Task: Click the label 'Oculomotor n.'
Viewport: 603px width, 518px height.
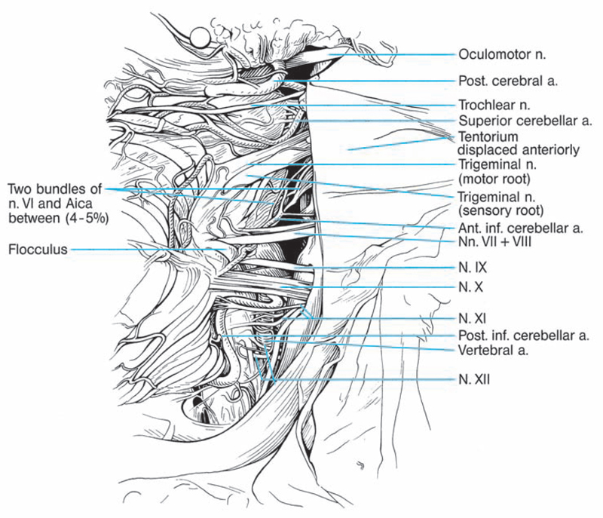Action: click(x=502, y=54)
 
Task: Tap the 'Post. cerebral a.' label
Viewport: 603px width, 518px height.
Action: click(x=507, y=81)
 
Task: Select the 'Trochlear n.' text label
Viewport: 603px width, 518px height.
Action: click(x=494, y=105)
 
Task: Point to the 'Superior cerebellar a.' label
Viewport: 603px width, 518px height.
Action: click(x=525, y=121)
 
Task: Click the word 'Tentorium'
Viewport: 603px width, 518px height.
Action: click(x=488, y=136)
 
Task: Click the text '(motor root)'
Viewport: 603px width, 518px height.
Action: click(x=494, y=179)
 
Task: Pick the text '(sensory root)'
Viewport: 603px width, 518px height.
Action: click(x=500, y=210)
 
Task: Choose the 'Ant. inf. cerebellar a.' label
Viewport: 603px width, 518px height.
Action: click(x=520, y=228)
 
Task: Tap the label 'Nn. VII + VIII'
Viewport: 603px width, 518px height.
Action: click(x=494, y=241)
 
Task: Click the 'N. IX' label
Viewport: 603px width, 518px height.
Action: click(x=473, y=268)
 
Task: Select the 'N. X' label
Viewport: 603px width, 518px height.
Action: click(x=470, y=287)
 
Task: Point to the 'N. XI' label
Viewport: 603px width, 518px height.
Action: click(x=473, y=318)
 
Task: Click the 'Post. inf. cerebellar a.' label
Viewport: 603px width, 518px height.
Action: click(x=523, y=336)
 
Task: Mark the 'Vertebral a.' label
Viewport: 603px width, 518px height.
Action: click(x=493, y=350)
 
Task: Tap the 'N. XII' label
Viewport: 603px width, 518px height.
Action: click(x=474, y=380)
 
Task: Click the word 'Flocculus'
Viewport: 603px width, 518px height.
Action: click(x=38, y=249)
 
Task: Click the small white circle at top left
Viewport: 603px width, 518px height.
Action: click(x=200, y=38)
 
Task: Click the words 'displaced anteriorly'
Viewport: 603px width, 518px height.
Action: click(x=519, y=149)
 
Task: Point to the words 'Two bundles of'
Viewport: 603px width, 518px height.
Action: click(x=54, y=189)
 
